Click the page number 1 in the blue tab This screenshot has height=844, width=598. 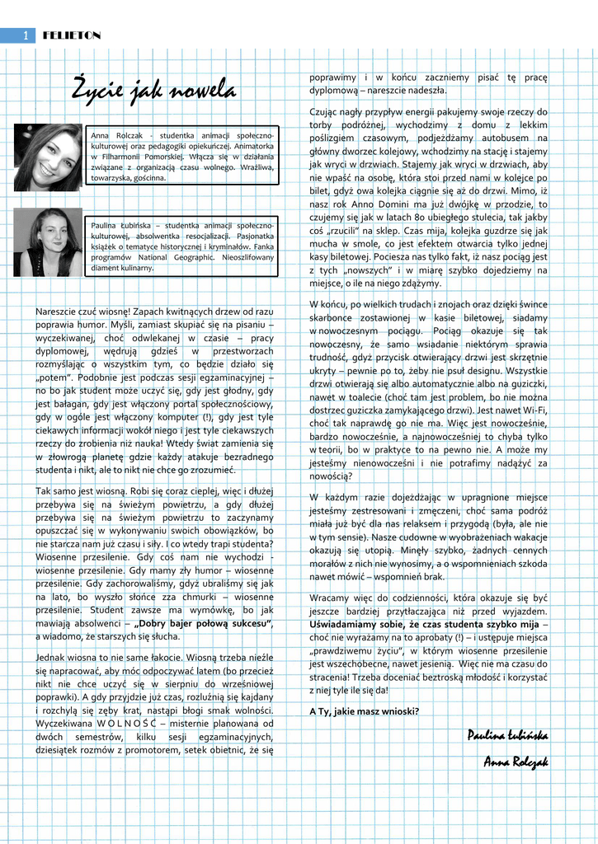click(x=26, y=35)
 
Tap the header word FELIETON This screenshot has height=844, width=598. click(x=72, y=35)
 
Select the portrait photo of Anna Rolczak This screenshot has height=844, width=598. click(x=49, y=157)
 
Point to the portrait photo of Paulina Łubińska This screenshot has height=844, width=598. click(x=49, y=241)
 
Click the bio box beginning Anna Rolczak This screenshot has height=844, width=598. click(x=182, y=156)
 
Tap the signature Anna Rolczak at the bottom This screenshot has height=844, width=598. click(x=516, y=762)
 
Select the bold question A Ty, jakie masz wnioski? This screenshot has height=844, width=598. click(x=364, y=711)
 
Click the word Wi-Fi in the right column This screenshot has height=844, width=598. click(x=532, y=409)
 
